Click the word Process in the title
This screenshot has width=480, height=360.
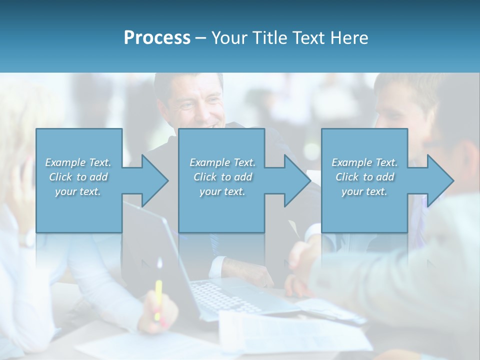pos(157,38)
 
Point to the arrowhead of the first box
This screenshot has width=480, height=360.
pos(155,180)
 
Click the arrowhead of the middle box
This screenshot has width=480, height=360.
pos(297,180)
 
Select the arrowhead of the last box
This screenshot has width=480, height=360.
pos(440,180)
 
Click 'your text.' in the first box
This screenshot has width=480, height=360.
pos(78,191)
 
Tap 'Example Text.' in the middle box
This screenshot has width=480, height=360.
pos(222,162)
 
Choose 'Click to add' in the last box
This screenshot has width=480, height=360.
pos(364,177)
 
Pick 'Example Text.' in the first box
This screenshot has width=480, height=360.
pos(78,162)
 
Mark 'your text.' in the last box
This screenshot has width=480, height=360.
pos(364,191)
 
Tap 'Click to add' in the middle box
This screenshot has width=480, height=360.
pos(222,177)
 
